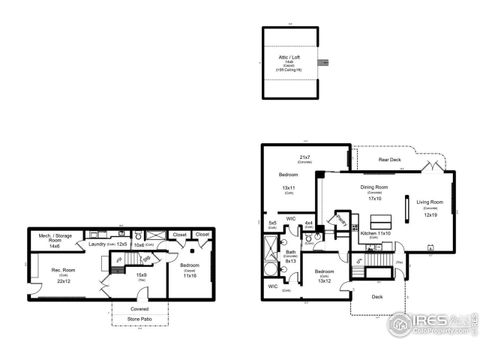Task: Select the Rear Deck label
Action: click(389, 161)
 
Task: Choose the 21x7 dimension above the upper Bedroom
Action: click(304, 157)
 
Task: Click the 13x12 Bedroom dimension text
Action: click(323, 280)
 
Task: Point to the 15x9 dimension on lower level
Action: click(141, 275)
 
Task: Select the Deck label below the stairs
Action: click(376, 296)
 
